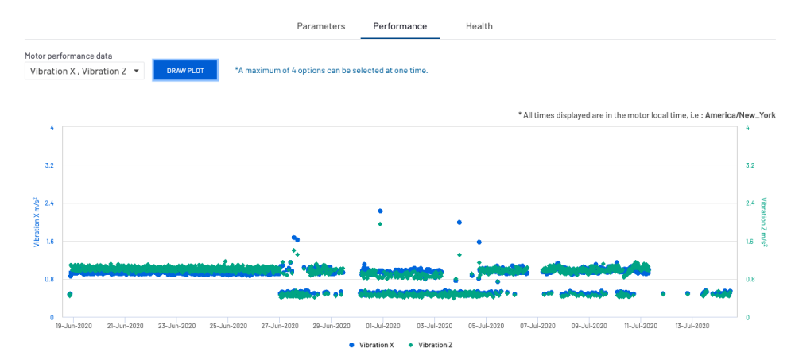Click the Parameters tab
321,26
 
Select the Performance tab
400,26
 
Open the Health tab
479,26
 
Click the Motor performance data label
68,56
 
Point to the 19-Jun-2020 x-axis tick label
75,326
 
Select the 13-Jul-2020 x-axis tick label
691,326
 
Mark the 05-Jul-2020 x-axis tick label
485,326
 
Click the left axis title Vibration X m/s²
37,223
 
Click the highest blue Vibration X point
380,211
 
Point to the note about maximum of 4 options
332,71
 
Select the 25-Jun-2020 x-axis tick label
228,326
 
